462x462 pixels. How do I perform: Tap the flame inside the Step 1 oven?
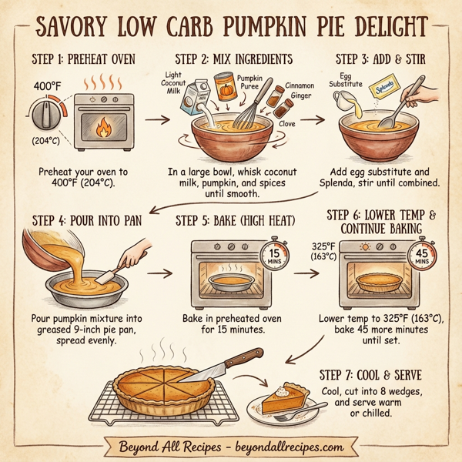(x=102, y=129)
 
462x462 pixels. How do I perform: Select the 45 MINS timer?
(x=420, y=256)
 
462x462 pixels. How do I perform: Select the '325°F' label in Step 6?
(x=322, y=246)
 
